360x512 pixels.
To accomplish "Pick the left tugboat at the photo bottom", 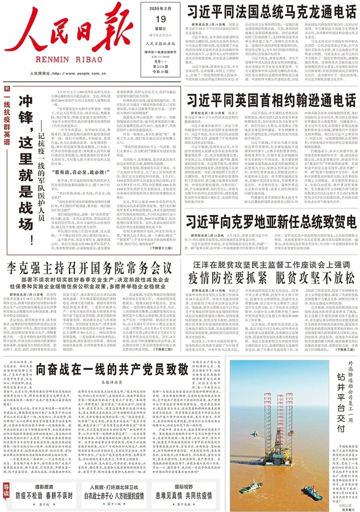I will [x=251, y=486].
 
